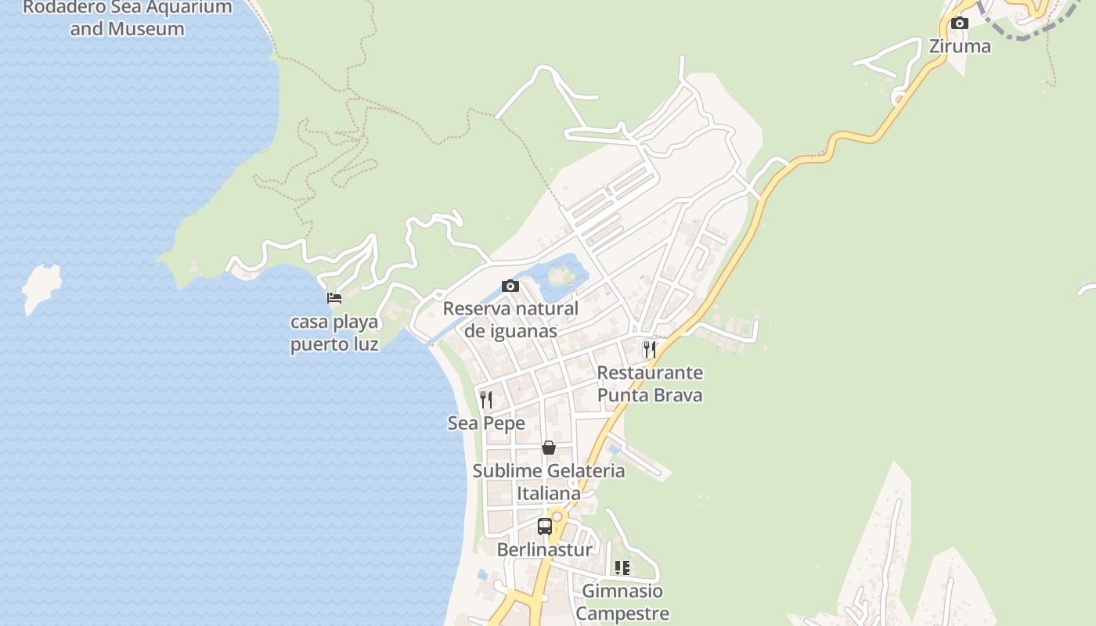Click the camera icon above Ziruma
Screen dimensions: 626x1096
point(959,23)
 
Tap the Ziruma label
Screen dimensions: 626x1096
point(959,46)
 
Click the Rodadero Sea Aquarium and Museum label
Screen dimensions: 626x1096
point(127,18)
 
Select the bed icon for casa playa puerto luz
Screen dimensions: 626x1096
point(334,297)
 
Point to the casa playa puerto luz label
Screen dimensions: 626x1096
point(334,333)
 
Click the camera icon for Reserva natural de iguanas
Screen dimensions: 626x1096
point(510,286)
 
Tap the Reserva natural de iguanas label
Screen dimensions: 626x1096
point(510,319)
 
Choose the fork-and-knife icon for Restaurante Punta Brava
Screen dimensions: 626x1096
point(649,349)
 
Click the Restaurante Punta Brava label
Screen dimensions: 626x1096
point(650,383)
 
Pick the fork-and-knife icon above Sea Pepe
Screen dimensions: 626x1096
point(486,400)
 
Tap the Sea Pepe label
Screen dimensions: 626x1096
point(486,423)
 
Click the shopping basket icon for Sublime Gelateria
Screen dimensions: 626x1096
point(549,448)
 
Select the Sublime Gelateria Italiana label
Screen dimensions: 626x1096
point(549,481)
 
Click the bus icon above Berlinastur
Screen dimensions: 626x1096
point(545,526)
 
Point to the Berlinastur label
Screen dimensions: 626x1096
point(545,549)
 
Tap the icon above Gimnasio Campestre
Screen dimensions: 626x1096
point(622,567)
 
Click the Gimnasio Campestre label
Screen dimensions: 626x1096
point(622,602)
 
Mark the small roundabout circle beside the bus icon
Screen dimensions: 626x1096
point(557,516)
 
